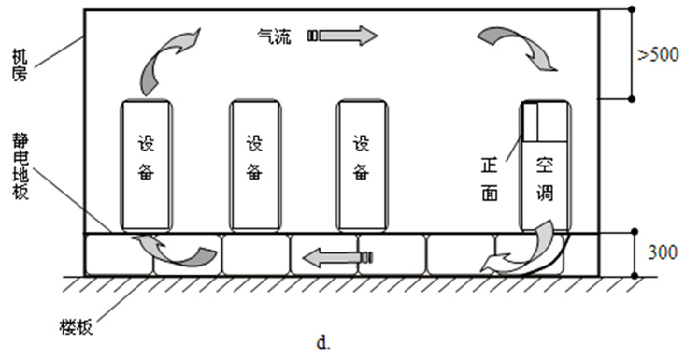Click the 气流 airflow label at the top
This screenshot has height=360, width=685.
pyautogui.click(x=275, y=36)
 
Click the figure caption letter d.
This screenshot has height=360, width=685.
pyautogui.click(x=322, y=344)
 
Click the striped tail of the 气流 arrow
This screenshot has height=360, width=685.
pyautogui.click(x=313, y=36)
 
